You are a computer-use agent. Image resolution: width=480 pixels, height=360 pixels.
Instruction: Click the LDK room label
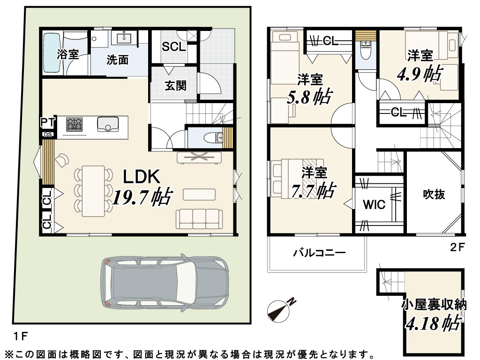click(x=142, y=177)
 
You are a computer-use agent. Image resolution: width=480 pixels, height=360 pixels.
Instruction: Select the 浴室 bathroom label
click(x=68, y=54)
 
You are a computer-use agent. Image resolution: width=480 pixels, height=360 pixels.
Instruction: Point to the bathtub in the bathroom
click(x=52, y=53)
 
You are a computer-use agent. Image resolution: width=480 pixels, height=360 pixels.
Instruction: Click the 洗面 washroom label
click(x=117, y=60)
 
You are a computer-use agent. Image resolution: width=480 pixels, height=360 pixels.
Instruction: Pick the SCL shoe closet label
click(x=173, y=46)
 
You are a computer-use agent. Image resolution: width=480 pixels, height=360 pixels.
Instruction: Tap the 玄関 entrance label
click(x=175, y=85)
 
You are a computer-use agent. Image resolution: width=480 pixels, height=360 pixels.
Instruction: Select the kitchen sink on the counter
click(x=108, y=124)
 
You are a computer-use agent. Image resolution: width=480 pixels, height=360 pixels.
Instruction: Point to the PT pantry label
click(x=48, y=122)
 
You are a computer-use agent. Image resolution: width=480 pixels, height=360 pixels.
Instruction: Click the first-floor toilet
click(x=215, y=137)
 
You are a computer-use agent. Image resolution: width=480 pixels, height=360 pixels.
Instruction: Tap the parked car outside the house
click(x=165, y=281)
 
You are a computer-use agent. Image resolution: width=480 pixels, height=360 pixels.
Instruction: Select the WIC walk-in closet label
click(x=374, y=204)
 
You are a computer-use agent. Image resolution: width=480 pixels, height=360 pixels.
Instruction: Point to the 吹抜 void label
click(x=434, y=194)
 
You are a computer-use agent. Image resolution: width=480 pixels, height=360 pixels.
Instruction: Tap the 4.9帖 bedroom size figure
click(x=420, y=74)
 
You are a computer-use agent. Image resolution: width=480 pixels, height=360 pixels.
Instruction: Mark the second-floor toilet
click(x=366, y=50)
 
